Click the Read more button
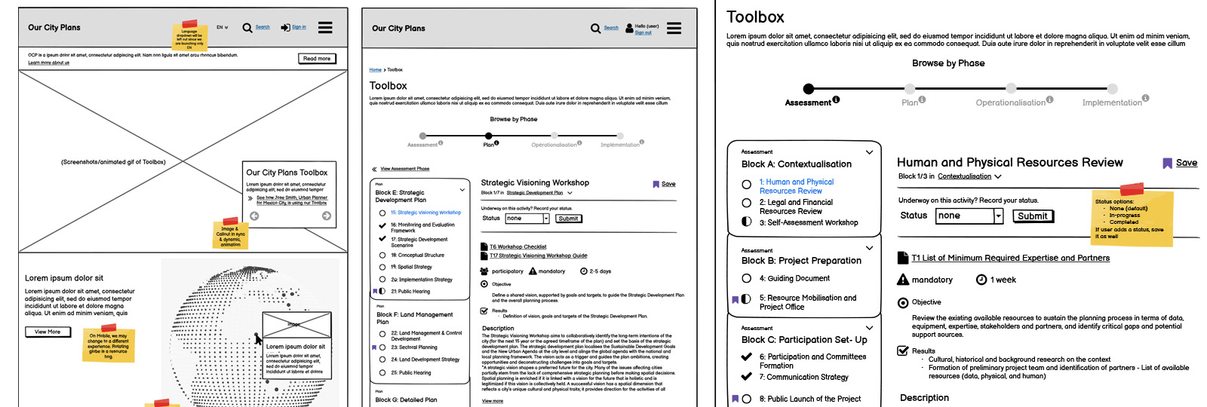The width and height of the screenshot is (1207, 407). [x=317, y=59]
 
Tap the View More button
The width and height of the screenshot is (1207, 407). [x=48, y=332]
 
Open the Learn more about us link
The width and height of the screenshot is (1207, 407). [x=48, y=63]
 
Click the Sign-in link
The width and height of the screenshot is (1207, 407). [x=299, y=27]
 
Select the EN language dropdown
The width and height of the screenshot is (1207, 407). [x=222, y=27]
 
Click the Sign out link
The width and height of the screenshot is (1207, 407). [x=643, y=32]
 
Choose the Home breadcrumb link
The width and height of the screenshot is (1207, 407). [x=375, y=69]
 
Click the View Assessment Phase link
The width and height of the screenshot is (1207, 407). [x=404, y=169]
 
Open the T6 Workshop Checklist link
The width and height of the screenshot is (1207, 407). [x=518, y=246]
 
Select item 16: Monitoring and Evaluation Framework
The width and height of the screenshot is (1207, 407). [x=422, y=228]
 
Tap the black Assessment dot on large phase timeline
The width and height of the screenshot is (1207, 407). [x=809, y=88]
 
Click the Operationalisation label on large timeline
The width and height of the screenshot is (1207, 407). [x=1010, y=103]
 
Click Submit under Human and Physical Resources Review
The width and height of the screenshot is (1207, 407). [x=1032, y=216]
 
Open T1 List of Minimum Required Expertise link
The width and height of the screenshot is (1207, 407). [x=1010, y=258]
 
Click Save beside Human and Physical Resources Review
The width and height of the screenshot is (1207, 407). [x=1186, y=163]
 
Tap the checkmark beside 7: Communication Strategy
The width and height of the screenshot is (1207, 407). [x=746, y=377]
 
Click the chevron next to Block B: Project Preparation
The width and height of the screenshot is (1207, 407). [x=869, y=248]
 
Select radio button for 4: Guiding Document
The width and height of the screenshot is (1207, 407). [x=746, y=278]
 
